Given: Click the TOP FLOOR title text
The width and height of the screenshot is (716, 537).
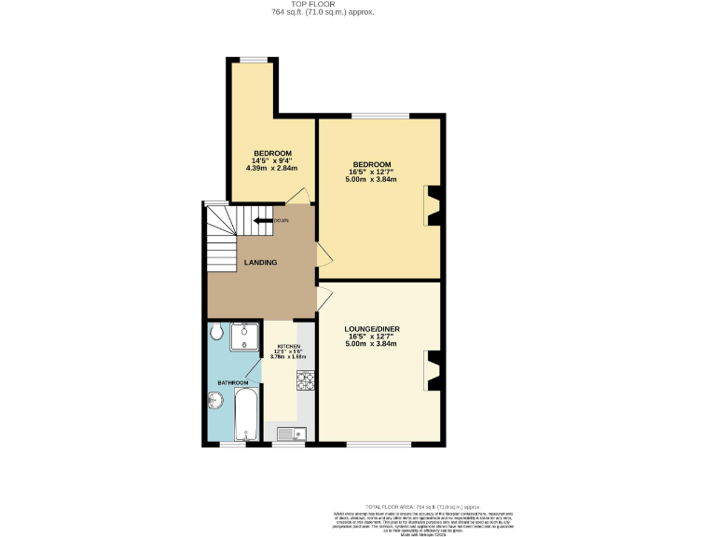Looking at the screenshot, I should [323, 5].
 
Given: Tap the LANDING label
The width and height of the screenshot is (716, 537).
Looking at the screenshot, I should [260, 263].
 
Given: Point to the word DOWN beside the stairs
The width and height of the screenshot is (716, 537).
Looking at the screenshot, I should [282, 220].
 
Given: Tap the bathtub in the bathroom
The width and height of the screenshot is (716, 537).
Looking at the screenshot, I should [246, 415].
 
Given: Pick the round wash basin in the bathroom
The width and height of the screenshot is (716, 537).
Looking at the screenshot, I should [215, 401].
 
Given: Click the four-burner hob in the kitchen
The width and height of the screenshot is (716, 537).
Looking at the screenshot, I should [306, 379].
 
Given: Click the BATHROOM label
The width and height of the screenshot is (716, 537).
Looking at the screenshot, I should [233, 383].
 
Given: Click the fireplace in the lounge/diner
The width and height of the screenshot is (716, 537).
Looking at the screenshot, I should [432, 370].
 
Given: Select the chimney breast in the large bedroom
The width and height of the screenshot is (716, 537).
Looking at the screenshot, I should [432, 207].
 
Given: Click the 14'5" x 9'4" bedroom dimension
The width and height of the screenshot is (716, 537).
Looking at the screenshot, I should [272, 161].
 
